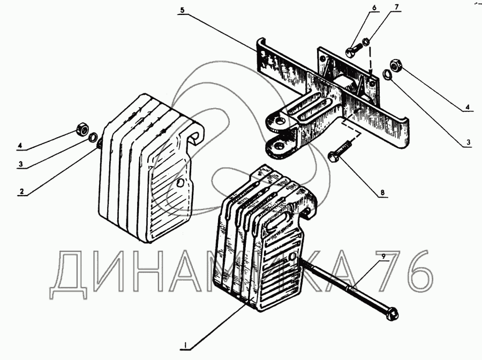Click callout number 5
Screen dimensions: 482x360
[182, 10]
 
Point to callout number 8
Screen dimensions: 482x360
[382, 193]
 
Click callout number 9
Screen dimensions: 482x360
[383, 256]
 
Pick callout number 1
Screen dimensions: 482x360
[185, 345]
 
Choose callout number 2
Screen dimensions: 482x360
[21, 191]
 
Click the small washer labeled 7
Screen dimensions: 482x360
[366, 41]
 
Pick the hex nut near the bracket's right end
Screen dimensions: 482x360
[396, 65]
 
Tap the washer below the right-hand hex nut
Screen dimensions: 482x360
[387, 74]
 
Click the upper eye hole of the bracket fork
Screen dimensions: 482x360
[280, 121]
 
